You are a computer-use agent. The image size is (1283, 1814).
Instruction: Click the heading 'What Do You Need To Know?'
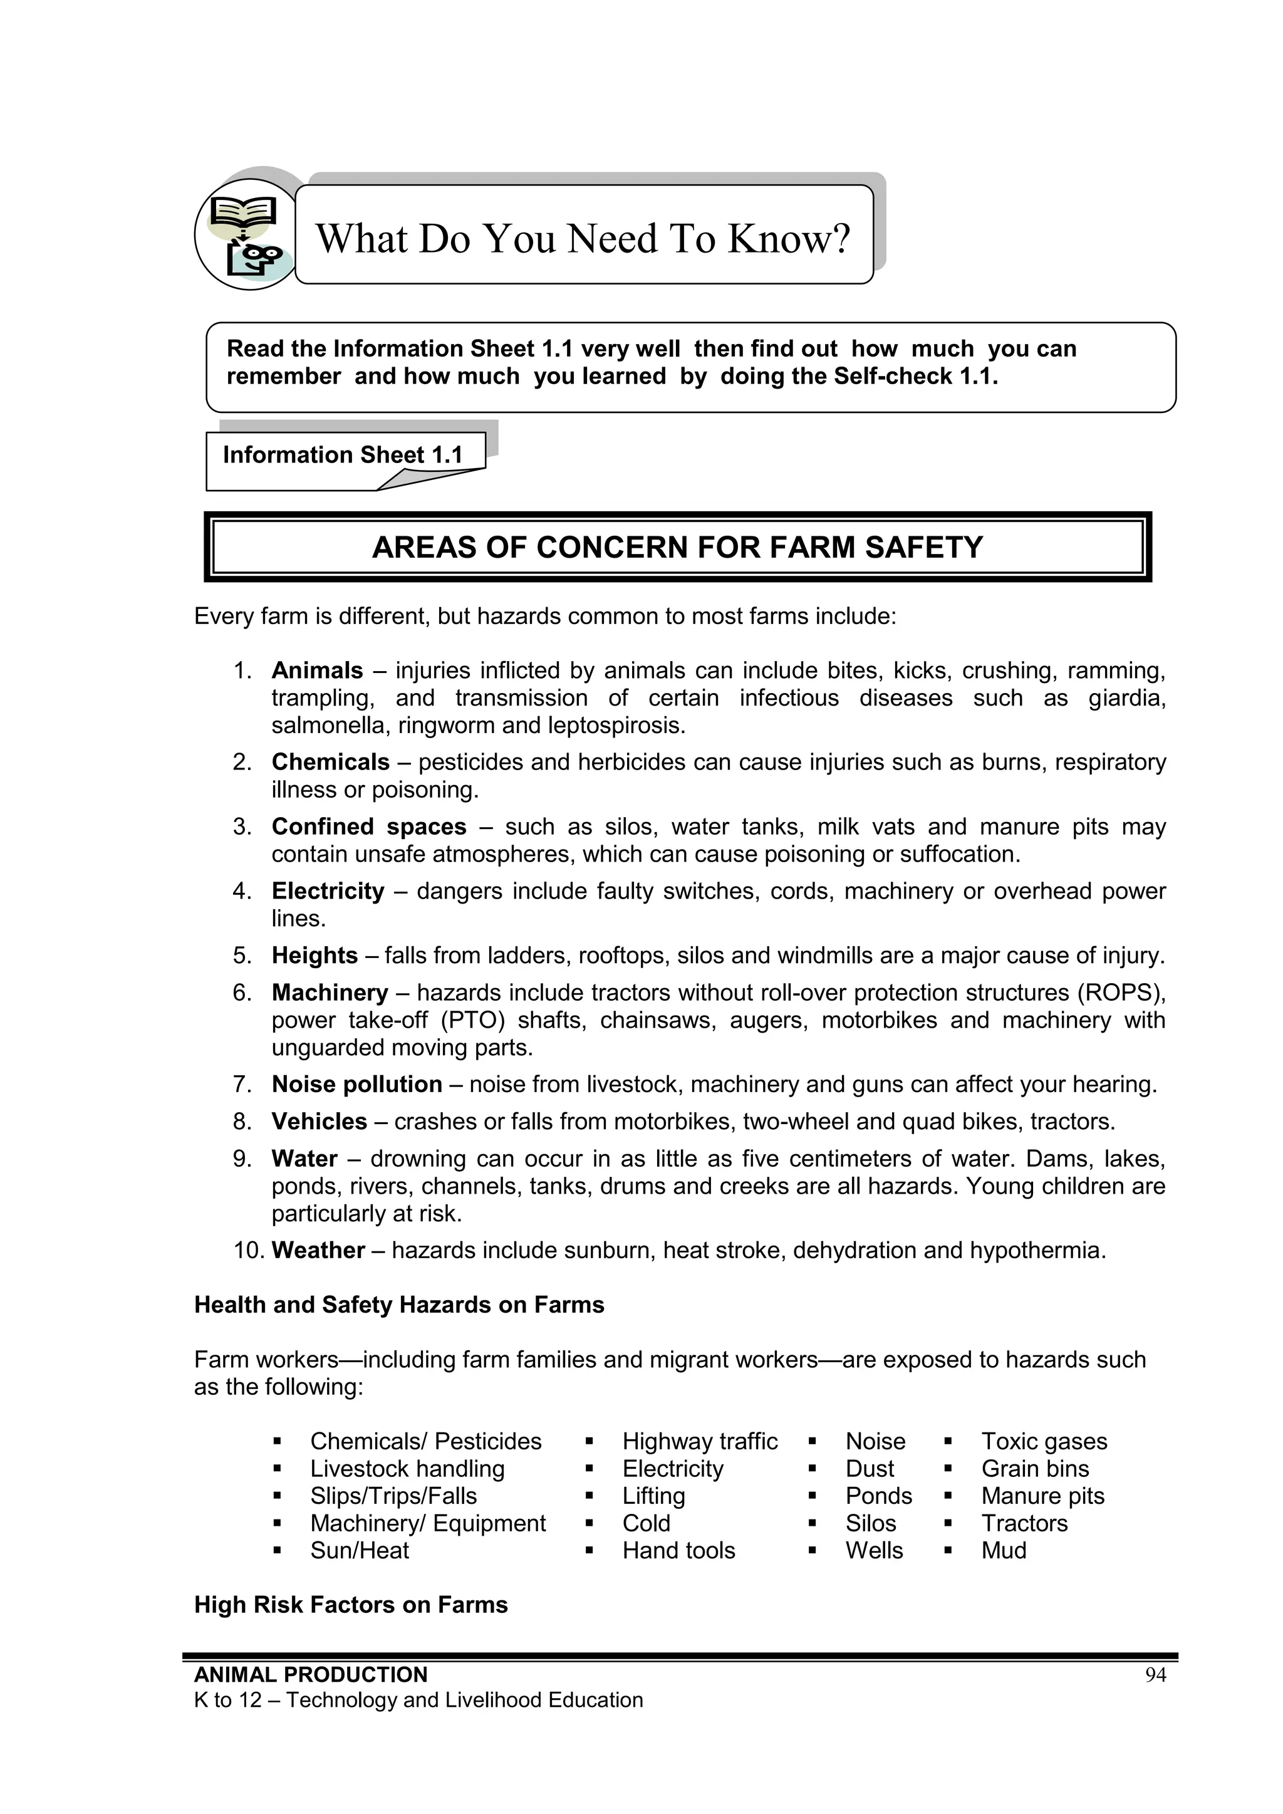pos(583,238)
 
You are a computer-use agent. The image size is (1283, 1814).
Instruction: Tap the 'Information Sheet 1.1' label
pos(342,455)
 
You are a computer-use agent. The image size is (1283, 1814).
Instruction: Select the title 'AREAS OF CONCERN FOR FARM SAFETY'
pos(677,548)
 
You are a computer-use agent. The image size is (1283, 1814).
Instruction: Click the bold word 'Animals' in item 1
pos(317,670)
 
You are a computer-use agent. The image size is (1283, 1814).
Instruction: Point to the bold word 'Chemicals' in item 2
pos(330,763)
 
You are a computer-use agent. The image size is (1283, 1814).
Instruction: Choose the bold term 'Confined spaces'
pos(369,827)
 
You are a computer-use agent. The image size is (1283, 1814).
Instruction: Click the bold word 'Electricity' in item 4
pos(328,891)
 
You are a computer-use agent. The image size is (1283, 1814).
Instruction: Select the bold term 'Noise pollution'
pos(356,1085)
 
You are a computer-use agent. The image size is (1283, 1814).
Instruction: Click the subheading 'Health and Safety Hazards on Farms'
pos(399,1305)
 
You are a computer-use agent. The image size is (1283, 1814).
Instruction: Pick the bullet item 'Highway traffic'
pos(699,1442)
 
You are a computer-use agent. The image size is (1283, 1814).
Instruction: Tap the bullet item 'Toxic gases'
pos(1044,1442)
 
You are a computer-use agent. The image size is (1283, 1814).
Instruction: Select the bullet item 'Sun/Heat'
pos(360,1551)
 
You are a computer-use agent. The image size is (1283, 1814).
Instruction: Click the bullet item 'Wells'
pos(874,1551)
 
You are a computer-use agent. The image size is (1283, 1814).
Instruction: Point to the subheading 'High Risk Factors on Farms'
pos(351,1605)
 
